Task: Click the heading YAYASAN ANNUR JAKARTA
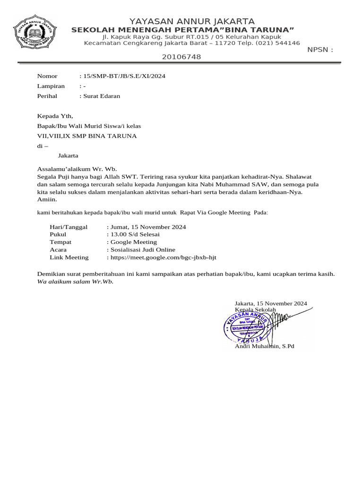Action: tap(192, 21)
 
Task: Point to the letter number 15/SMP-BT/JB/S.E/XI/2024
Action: tap(124, 76)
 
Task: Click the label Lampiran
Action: tap(51, 86)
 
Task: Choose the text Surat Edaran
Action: tap(102, 96)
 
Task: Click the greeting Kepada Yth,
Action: tap(55, 116)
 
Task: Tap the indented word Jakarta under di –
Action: tap(68, 156)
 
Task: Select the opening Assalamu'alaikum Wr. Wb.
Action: tap(77, 169)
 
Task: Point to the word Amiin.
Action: tap(47, 199)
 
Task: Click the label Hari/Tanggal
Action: tap(69, 227)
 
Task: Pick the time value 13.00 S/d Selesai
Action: tap(135, 234)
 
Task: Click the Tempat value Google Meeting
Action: tap(134, 242)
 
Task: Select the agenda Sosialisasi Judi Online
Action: tap(143, 250)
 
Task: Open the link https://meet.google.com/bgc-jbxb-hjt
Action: tap(163, 258)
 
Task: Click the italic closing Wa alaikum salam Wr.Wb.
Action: tap(76, 282)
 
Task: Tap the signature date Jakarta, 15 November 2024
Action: tap(271, 303)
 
